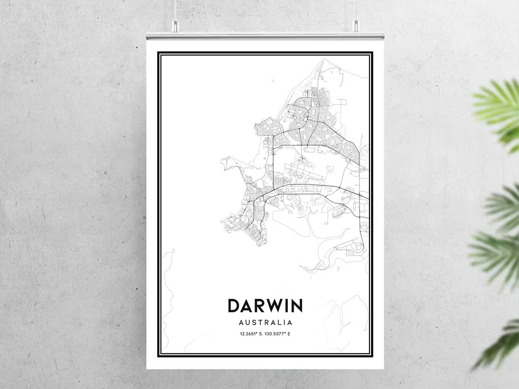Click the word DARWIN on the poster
tap(265, 306)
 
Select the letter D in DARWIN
tap(233, 306)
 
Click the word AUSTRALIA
tap(265, 322)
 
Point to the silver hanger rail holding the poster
tap(265, 36)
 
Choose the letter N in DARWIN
tap(296, 306)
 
